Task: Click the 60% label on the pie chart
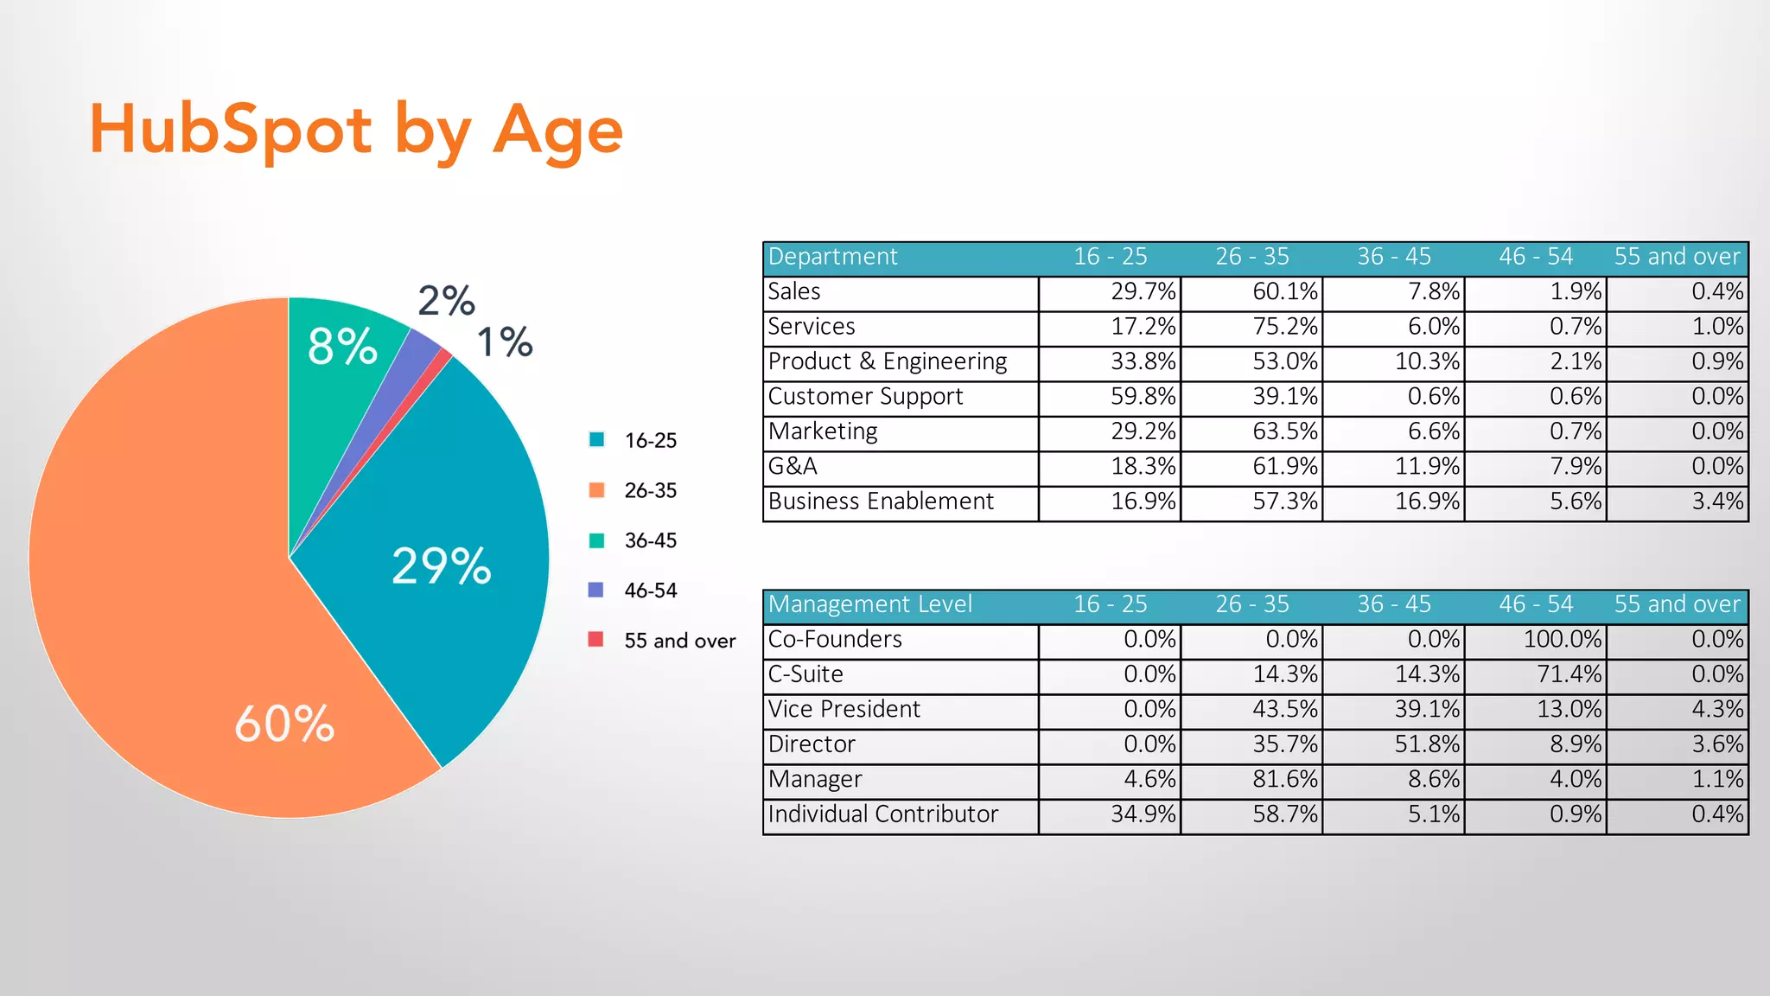[284, 725]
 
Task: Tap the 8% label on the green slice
[342, 347]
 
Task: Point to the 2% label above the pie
[446, 301]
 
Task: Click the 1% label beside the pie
[505, 342]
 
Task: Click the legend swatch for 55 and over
[595, 640]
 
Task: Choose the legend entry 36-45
[650, 541]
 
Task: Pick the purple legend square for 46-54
[595, 591]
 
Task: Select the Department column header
[833, 257]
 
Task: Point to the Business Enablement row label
[881, 501]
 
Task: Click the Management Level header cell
[869, 604]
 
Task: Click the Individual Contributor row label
[882, 814]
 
